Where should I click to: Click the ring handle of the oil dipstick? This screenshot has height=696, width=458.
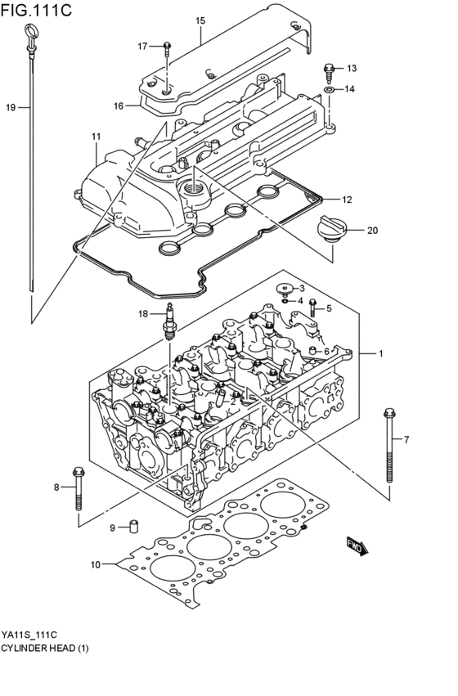coord(30,35)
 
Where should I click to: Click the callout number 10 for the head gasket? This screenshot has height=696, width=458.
coord(95,564)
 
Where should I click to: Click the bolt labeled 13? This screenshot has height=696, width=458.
coord(329,70)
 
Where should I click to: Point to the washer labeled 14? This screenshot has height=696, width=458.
coord(328,88)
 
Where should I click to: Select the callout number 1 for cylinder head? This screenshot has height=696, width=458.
coord(380,353)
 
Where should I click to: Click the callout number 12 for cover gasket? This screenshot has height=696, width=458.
coord(347,199)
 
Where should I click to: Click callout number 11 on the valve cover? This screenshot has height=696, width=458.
coord(96,136)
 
